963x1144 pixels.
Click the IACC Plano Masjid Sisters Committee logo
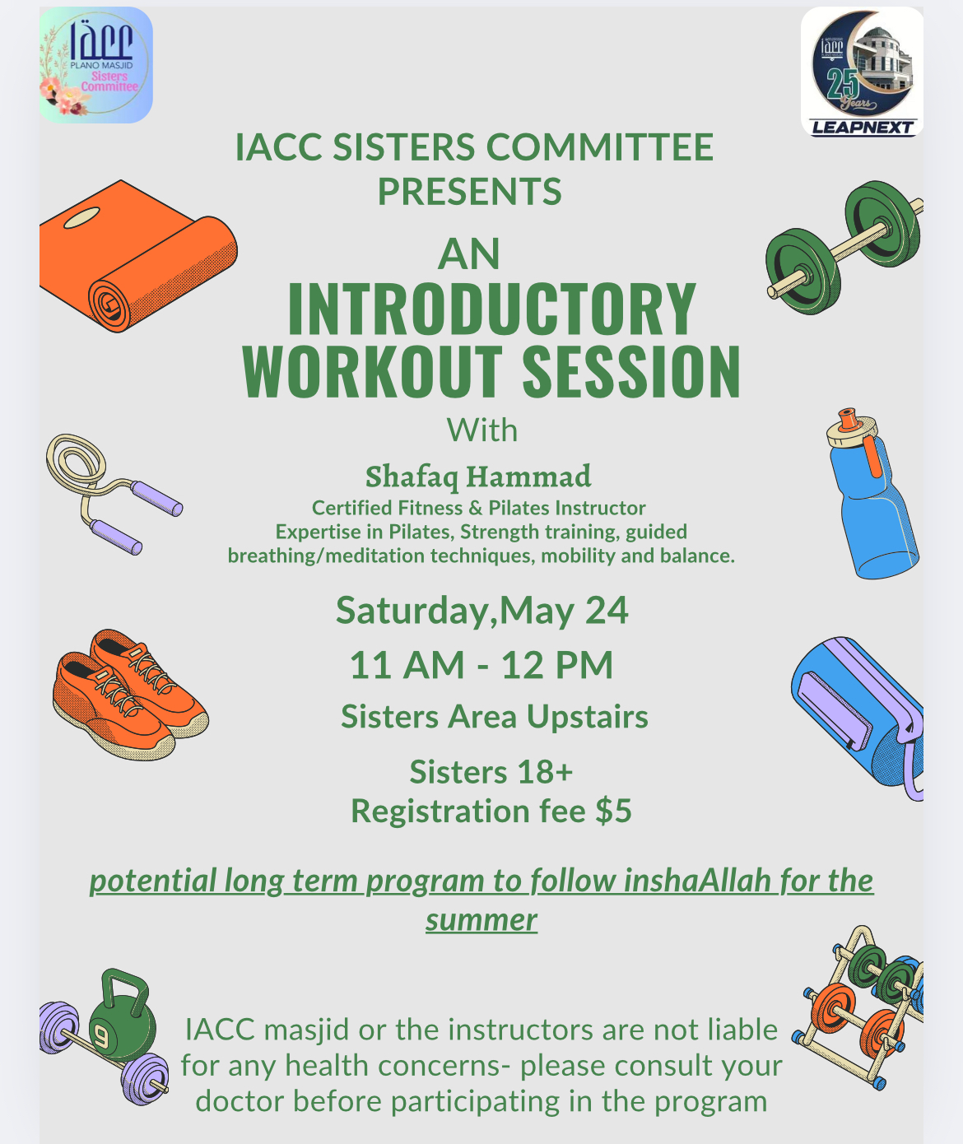95,65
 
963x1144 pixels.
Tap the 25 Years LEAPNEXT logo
862,72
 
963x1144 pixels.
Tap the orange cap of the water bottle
848,418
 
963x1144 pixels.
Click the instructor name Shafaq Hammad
478,477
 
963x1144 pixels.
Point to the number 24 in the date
607,611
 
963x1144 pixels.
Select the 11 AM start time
407,665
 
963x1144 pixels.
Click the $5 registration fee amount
614,811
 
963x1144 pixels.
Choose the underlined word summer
481,920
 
